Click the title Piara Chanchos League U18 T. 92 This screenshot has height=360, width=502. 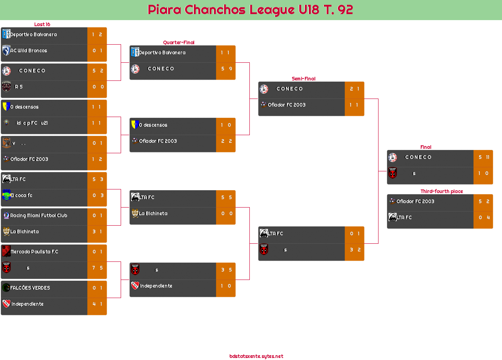(x=251, y=10)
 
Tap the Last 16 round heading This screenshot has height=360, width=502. (x=42, y=25)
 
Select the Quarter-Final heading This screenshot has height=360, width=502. (x=178, y=43)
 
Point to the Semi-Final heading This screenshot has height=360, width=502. (x=303, y=79)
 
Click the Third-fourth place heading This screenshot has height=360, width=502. (x=441, y=191)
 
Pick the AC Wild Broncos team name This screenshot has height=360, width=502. (x=29, y=51)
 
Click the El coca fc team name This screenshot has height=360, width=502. (x=21, y=195)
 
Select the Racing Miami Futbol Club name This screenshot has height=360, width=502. (x=39, y=216)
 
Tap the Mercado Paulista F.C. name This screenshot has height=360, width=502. (x=34, y=252)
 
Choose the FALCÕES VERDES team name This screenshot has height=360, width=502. (x=30, y=288)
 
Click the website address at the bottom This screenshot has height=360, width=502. (x=256, y=356)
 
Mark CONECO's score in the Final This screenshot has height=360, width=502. (x=483, y=157)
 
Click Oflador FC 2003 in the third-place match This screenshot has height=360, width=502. (x=415, y=202)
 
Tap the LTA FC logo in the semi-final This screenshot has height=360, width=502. (x=264, y=233)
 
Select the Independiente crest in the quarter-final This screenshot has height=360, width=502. (x=135, y=286)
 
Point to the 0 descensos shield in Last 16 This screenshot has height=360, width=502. (x=6, y=107)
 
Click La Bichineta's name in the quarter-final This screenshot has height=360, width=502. (x=153, y=214)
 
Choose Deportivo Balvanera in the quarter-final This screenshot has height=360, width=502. (x=162, y=53)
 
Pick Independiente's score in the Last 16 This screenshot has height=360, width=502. (x=97, y=304)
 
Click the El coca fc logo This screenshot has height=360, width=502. (x=6, y=195)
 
